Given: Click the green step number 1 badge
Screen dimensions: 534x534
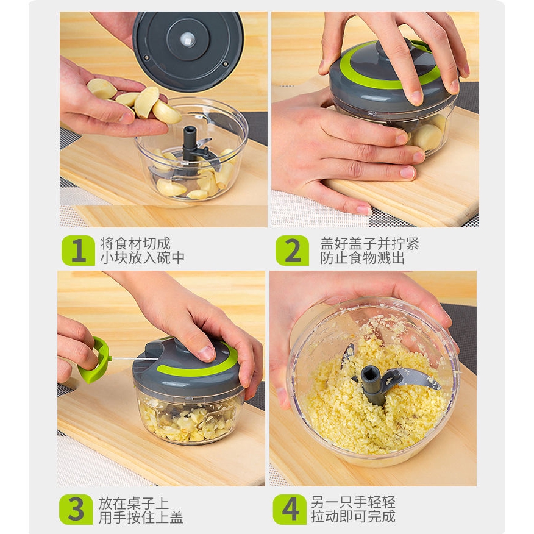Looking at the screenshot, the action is click(78, 251).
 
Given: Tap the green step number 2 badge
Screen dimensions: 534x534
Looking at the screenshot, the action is click(292, 251).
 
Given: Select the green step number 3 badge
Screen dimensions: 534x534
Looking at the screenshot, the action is click(76, 510).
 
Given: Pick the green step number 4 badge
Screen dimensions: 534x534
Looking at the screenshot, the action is click(290, 510).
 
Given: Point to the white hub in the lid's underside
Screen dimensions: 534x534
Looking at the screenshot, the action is click(188, 40).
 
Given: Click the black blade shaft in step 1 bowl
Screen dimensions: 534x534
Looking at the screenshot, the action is click(190, 143).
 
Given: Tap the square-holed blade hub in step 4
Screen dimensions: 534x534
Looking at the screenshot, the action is click(372, 383).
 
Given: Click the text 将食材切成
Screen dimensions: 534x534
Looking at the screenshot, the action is click(135, 244).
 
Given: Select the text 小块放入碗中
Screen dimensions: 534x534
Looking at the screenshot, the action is click(143, 258).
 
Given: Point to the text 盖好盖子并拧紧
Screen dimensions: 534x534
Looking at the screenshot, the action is click(369, 244).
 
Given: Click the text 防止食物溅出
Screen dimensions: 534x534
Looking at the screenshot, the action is click(362, 258).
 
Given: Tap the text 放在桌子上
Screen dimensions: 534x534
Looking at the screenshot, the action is click(134, 503).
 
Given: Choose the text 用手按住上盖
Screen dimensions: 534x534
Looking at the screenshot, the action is click(141, 517).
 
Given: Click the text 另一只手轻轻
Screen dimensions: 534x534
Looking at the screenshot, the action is click(353, 502).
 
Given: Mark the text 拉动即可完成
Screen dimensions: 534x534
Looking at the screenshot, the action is click(353, 516).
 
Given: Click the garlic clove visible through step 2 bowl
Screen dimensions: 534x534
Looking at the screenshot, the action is click(428, 137).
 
